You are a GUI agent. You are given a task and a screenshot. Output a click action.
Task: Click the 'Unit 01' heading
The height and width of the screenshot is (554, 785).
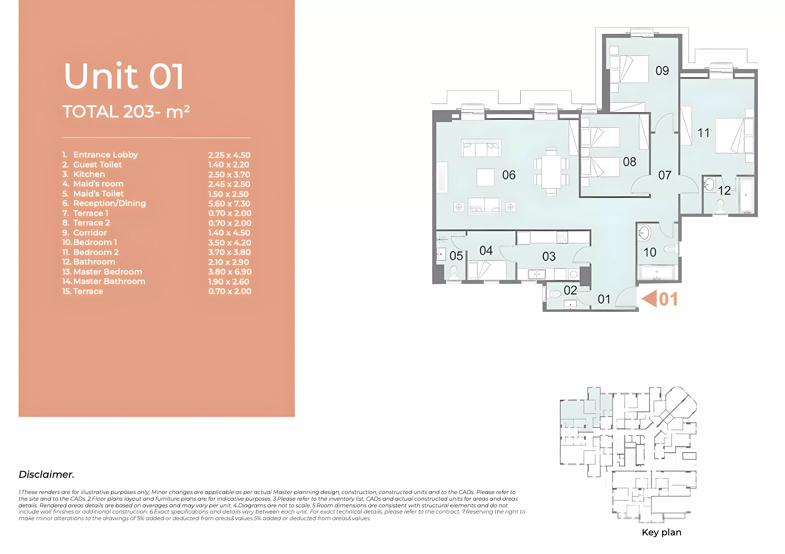click(x=124, y=77)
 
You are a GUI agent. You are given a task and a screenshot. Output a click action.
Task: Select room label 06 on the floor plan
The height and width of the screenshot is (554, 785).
click(x=509, y=175)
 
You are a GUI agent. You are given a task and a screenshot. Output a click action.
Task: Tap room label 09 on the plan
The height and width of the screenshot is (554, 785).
click(x=662, y=71)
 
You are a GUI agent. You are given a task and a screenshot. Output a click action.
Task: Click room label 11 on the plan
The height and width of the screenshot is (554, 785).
click(x=703, y=133)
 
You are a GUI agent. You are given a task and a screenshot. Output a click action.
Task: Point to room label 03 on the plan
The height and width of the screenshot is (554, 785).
click(x=549, y=257)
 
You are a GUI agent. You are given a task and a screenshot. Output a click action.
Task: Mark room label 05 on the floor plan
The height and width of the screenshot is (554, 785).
click(x=456, y=256)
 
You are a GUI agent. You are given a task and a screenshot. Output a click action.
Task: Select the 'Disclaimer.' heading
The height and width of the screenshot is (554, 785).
click(x=47, y=474)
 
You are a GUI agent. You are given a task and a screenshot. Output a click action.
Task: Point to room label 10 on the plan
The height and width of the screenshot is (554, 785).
click(x=650, y=252)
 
